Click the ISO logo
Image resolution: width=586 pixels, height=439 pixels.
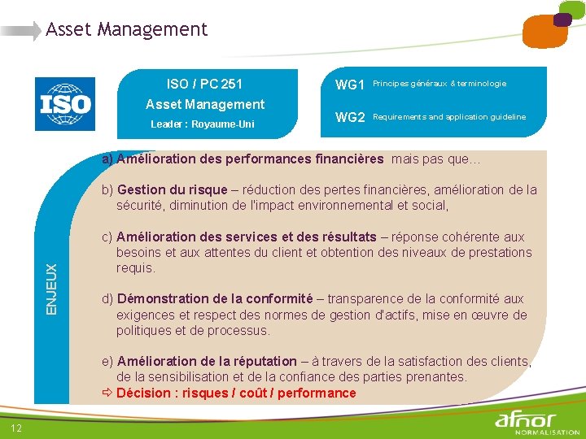[x=65, y=104]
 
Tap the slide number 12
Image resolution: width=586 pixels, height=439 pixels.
[x=16, y=428]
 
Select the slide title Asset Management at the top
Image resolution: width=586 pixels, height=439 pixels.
[x=126, y=30]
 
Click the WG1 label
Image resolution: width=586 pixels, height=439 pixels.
[x=350, y=85]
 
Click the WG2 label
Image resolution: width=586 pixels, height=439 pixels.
[x=350, y=118]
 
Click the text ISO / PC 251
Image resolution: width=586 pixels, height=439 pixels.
[x=204, y=84]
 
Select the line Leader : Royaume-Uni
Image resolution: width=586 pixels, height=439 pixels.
[x=203, y=124]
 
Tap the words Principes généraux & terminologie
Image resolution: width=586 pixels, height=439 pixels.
[x=439, y=84]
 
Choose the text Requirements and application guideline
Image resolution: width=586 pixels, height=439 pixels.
[x=449, y=117]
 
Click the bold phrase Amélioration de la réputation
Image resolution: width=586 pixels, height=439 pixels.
[x=207, y=361]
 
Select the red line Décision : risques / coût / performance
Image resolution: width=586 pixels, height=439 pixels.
[x=236, y=393]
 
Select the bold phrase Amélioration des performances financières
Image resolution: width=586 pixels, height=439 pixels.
[x=250, y=159]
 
